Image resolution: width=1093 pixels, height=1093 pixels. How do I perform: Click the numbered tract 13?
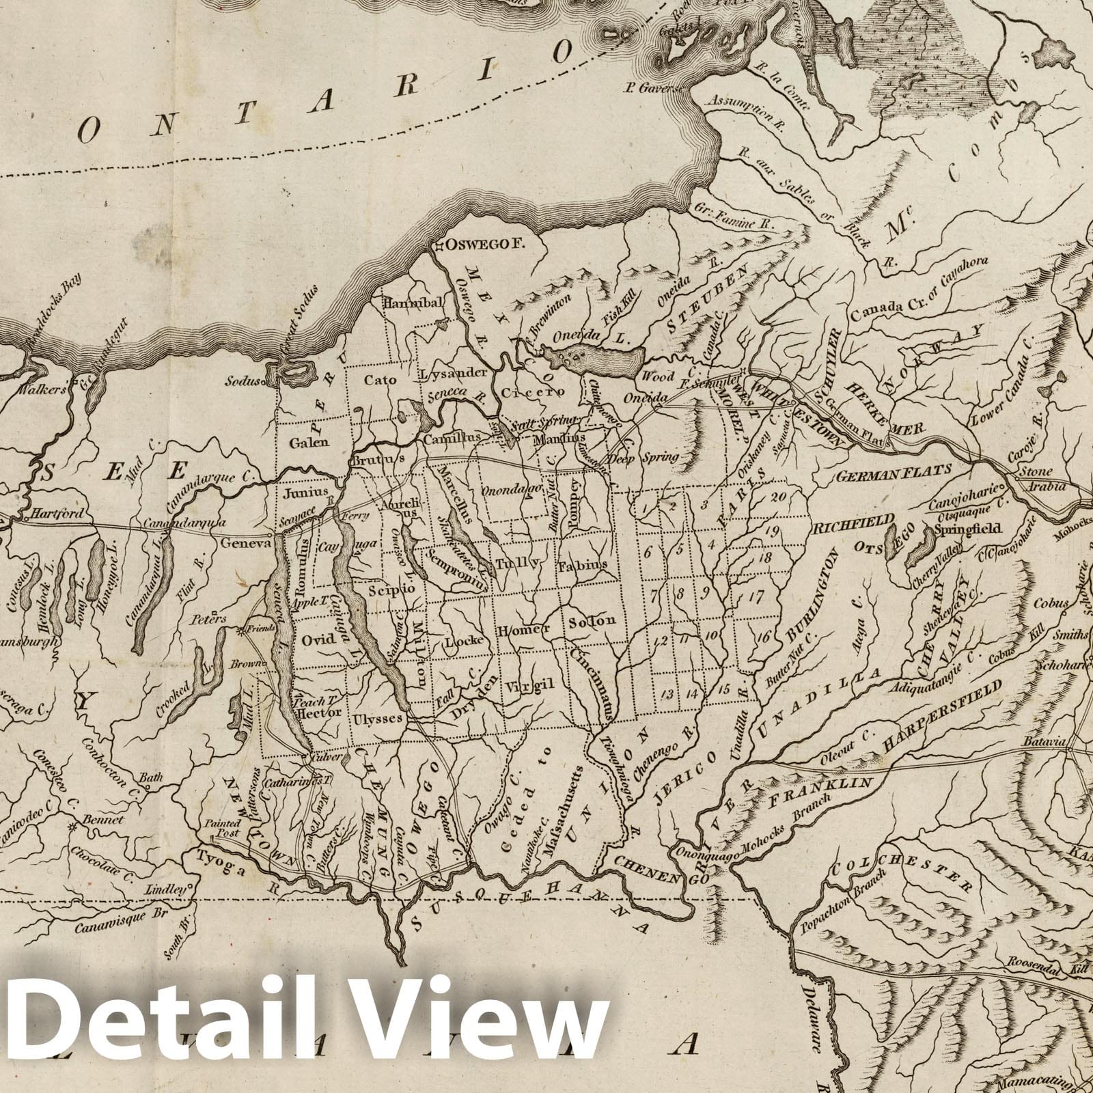pyautogui.click(x=667, y=694)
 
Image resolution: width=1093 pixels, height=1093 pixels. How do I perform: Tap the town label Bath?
pyautogui.click(x=148, y=778)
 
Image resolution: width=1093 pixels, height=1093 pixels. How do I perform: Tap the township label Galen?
pyautogui.click(x=309, y=441)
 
